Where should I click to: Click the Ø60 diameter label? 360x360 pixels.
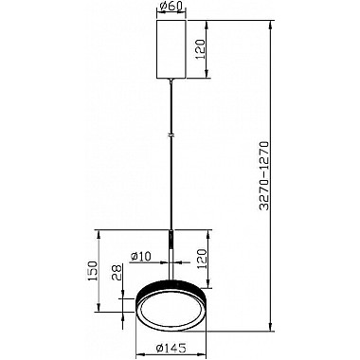pyautogui.click(x=171, y=9)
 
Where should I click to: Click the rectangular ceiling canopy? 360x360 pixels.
pyautogui.click(x=171, y=48)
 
